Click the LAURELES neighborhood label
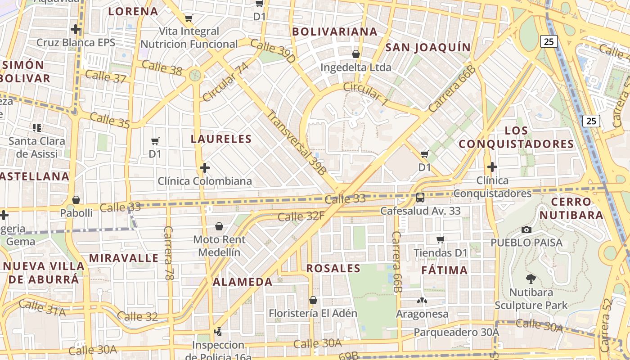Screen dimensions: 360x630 tap(221, 139)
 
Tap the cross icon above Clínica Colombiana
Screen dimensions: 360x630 tap(205, 168)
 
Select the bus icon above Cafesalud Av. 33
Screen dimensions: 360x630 tap(420, 197)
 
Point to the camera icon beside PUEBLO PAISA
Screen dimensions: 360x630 tap(526, 230)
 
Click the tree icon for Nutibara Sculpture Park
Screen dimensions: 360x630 tap(531, 279)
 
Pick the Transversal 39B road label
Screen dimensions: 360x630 tap(296, 141)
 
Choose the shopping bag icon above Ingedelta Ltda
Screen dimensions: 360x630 tap(356, 54)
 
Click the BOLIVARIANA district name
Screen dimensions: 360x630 tap(335, 31)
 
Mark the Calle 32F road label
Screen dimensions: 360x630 tap(301, 216)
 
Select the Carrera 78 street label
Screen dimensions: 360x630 tap(169, 253)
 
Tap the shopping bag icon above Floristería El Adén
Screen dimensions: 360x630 tap(313, 300)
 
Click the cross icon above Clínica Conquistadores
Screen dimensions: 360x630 tap(492, 167)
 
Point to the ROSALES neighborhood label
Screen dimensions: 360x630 tap(333, 269)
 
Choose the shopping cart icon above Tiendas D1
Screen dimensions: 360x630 tap(441, 239)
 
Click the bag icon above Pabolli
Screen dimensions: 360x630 tap(76, 199)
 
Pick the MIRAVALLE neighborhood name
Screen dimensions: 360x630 tap(124, 258)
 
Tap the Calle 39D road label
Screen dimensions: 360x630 tap(273, 51)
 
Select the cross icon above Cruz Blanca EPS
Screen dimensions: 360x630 tap(76, 30)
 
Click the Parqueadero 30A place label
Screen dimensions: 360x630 tap(456, 332)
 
